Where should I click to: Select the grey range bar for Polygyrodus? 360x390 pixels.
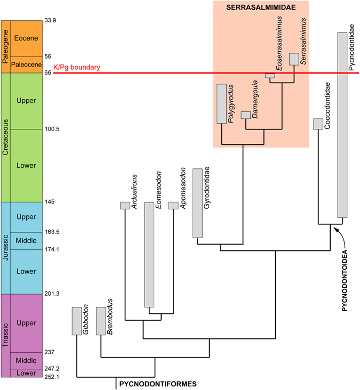coord(221,103)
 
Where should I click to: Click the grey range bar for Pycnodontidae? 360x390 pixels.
coord(343,125)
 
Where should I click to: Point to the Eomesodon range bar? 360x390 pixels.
coord(149,255)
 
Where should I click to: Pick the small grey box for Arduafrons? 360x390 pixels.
coord(125,206)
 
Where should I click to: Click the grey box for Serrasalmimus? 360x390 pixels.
coord(293,59)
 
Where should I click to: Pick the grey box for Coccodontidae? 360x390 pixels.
coord(318,124)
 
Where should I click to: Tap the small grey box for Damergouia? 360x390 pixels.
coord(245,115)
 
